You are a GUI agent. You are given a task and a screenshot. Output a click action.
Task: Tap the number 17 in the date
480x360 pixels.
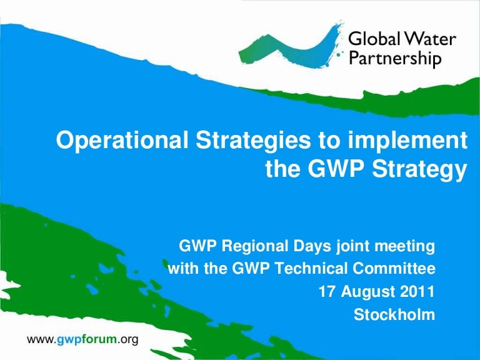(327, 292)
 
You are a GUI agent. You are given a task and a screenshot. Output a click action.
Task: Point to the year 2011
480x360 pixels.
(418, 292)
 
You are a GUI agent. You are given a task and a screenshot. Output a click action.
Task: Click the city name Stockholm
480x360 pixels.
(394, 315)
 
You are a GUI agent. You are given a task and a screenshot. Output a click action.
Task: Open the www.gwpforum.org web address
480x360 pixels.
(82, 339)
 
